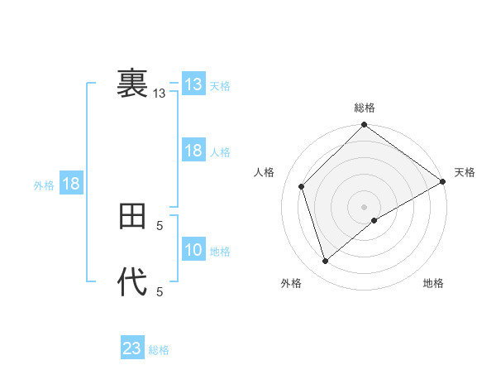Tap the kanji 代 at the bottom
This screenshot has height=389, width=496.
click(132, 282)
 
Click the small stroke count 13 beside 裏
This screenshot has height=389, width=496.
click(160, 94)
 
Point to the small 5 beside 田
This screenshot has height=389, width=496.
click(160, 224)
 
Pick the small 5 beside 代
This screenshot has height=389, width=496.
click(160, 291)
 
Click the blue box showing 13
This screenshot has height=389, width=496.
click(193, 84)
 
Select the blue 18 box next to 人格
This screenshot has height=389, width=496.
click(193, 151)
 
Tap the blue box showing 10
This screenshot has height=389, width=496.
click(193, 250)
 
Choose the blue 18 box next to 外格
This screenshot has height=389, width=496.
click(71, 184)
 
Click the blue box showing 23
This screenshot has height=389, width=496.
click(132, 348)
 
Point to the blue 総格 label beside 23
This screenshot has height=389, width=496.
click(159, 350)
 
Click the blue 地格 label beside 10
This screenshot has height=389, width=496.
click(220, 252)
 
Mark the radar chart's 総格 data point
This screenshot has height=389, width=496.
click(364, 125)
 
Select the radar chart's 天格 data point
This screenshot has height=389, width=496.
click(442, 181)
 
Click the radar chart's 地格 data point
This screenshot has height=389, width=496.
click(374, 220)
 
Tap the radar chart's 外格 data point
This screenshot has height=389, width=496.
click(326, 261)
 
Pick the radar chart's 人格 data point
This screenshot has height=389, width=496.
click(302, 186)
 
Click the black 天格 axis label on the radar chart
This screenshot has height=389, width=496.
click(465, 172)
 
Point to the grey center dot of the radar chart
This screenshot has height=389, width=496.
click(364, 206)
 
